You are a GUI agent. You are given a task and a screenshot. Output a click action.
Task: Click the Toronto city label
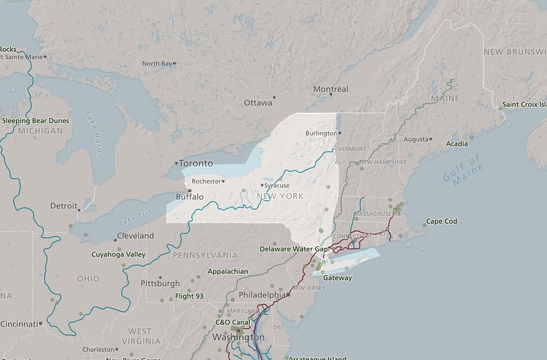pyautogui.click(x=196, y=163)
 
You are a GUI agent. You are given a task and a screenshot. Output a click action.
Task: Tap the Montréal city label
pyautogui.click(x=330, y=89)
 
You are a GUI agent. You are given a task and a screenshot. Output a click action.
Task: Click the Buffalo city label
pyautogui.click(x=190, y=197)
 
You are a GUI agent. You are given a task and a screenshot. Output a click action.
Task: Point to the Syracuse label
pyautogui.click(x=276, y=185)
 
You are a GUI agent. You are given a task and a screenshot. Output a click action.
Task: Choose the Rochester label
pyautogui.click(x=206, y=181)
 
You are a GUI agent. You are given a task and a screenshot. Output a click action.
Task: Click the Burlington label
pyautogui.click(x=321, y=133)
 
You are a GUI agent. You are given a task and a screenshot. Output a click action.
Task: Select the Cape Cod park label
pyautogui.click(x=441, y=221)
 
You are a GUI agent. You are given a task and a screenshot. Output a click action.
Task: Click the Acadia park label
pyautogui.click(x=457, y=144)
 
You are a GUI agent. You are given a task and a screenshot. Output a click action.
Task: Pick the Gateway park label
pyautogui.click(x=337, y=278)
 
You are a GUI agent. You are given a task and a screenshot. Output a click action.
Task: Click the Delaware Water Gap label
pyautogui.click(x=295, y=249)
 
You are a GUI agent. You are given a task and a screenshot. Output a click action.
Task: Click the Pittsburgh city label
pyautogui.click(x=160, y=283)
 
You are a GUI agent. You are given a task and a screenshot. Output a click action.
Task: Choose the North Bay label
pyautogui.click(x=158, y=64)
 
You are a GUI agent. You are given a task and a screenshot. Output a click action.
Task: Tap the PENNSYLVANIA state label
pyautogui.click(x=205, y=255)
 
